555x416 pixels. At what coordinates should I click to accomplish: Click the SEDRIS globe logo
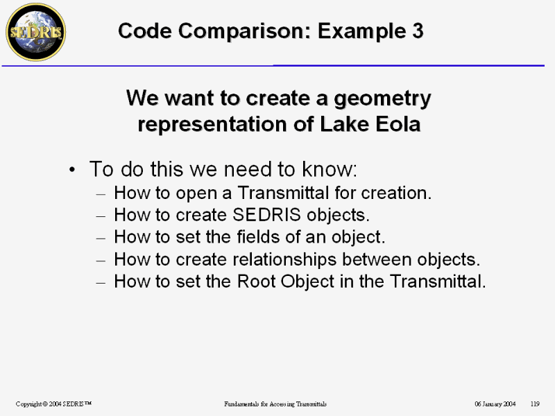[36, 32]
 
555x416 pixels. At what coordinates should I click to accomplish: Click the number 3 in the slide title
[418, 31]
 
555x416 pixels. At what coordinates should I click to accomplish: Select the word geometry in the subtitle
[382, 98]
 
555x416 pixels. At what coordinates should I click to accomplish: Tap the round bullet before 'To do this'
[72, 169]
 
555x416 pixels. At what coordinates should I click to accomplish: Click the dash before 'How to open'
[101, 194]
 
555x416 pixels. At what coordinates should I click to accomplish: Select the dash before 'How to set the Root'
[101, 283]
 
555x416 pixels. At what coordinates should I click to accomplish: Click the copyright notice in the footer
[54, 404]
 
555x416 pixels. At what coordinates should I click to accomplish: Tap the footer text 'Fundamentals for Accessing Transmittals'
[275, 404]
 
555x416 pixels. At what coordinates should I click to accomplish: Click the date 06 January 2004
[495, 404]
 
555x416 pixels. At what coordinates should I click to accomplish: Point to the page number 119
[535, 404]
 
